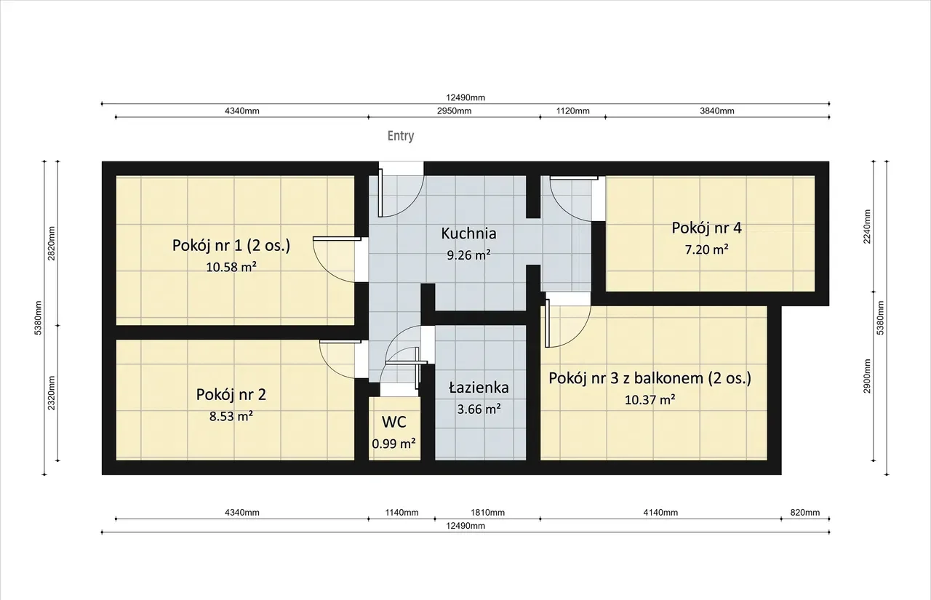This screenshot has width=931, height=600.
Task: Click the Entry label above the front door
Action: point(401,136)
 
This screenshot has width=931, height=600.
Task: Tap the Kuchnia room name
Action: point(468,233)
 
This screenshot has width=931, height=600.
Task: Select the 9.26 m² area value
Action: point(468,255)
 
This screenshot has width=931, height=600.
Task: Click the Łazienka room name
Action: point(479,387)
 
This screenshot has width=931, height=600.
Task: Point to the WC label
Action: point(394,422)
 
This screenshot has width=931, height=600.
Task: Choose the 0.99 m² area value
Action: point(393,444)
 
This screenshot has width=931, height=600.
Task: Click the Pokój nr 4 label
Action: point(706,228)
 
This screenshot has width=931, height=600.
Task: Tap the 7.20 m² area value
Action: point(706,249)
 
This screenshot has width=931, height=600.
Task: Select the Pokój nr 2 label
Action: point(231,395)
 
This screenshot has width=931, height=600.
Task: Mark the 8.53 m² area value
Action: point(231,416)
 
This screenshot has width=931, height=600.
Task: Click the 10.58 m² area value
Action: point(231,267)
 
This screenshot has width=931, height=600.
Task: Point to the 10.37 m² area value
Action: point(650,400)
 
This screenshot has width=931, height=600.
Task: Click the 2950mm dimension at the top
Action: point(454,111)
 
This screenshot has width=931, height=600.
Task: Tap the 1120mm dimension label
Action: point(572,111)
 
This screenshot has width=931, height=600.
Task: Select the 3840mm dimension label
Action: point(717,111)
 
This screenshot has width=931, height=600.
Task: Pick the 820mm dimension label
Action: point(805,512)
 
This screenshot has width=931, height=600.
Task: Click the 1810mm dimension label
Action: point(487,512)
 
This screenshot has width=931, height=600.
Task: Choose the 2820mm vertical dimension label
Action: point(52,244)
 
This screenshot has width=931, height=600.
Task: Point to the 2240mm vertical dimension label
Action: point(867,226)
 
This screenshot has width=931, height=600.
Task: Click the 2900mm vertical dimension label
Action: point(867,376)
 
